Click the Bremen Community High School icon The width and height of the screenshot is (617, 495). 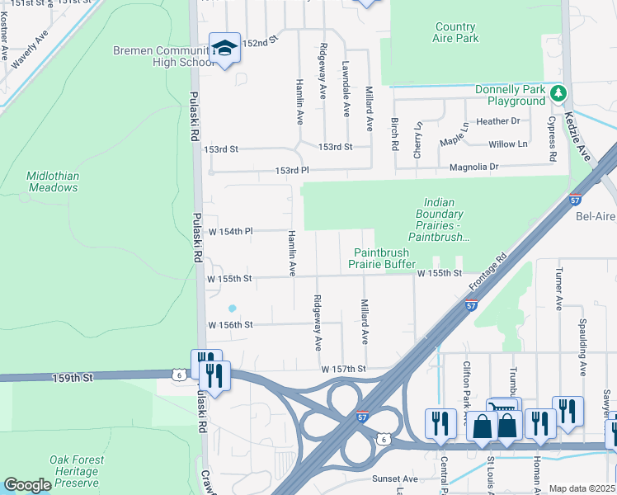(x=224, y=48)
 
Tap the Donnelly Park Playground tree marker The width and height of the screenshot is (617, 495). (x=559, y=93)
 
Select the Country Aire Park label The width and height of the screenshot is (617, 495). (x=455, y=32)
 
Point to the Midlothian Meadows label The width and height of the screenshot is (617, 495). (x=52, y=181)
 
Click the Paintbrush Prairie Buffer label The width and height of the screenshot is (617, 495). (x=385, y=258)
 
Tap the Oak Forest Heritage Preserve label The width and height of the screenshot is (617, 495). (x=77, y=471)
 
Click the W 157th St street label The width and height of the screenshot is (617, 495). (x=343, y=368)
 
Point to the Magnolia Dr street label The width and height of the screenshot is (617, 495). (x=474, y=167)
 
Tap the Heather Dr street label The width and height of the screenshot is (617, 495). (x=498, y=120)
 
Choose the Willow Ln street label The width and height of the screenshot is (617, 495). (x=507, y=144)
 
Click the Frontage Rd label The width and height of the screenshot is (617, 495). (x=490, y=274)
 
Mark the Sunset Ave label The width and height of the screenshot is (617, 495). (x=395, y=478)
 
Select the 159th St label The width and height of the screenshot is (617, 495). (x=75, y=376)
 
